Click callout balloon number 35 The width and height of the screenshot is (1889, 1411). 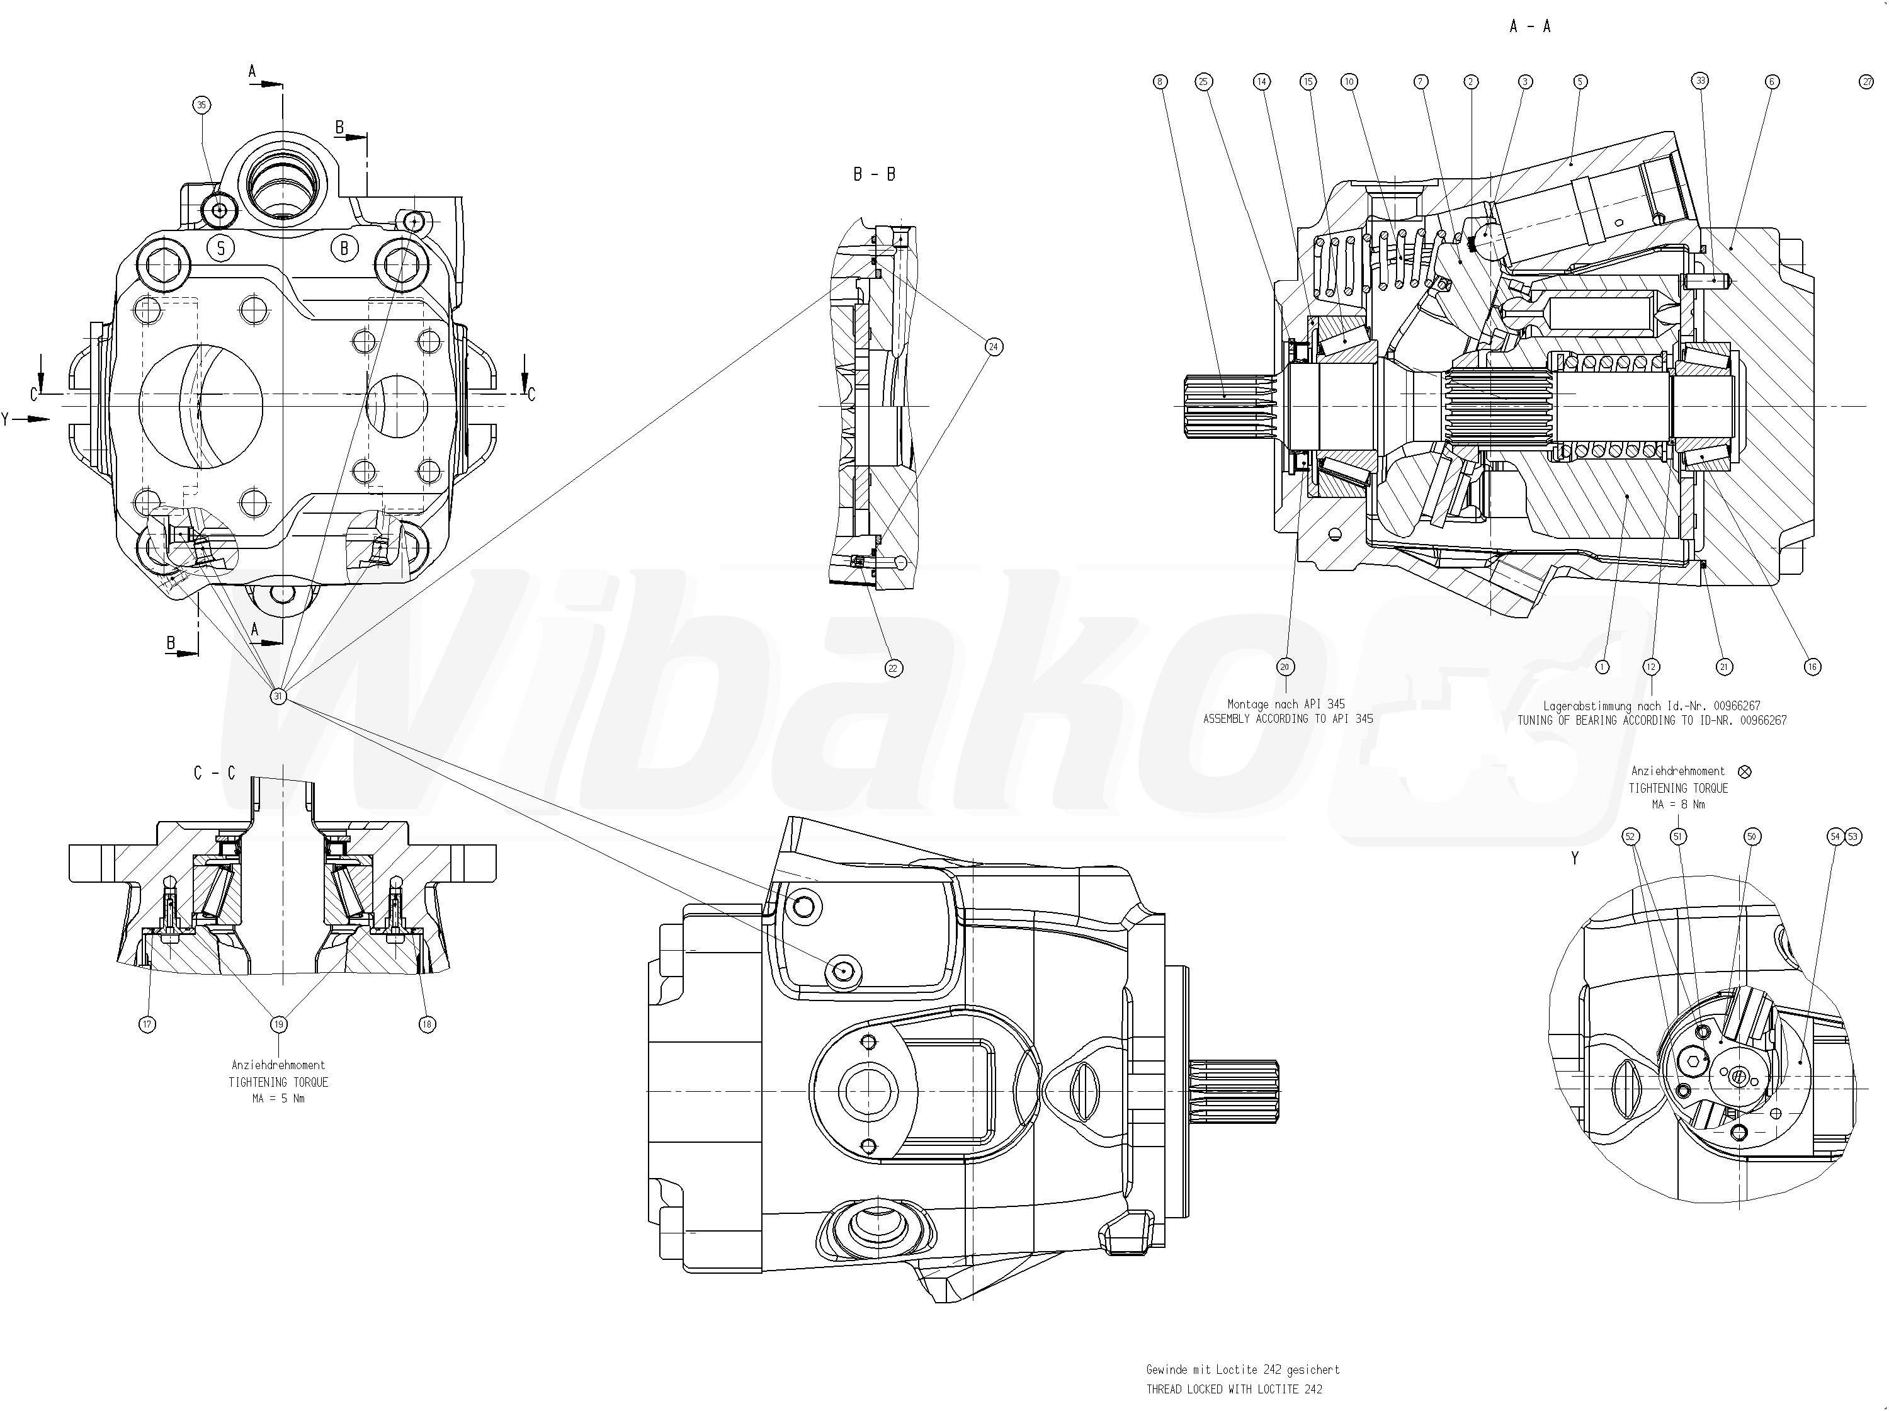[x=201, y=105]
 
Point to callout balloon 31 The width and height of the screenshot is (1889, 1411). [x=278, y=696]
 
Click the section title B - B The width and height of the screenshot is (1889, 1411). [x=875, y=174]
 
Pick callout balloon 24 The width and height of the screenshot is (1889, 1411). [x=993, y=347]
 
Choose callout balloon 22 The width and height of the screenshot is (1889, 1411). [x=893, y=668]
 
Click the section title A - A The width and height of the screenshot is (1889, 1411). [x=1529, y=26]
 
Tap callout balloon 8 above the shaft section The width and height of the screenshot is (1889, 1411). [x=1160, y=82]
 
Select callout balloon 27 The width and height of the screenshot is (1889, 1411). [x=1866, y=82]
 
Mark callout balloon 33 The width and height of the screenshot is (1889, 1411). [x=1700, y=81]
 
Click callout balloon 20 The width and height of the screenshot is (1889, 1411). [x=1285, y=666]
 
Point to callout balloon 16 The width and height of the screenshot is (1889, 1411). [x=1812, y=667]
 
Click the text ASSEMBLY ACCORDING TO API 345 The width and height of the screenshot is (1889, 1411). [x=1288, y=719]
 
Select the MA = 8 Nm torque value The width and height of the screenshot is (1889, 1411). [x=1678, y=805]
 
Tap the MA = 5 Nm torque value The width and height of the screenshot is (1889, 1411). [x=278, y=1099]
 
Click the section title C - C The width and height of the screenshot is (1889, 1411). [x=214, y=773]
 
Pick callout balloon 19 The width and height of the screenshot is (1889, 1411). [x=278, y=1024]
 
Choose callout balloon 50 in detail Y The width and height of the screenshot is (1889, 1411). [x=1752, y=837]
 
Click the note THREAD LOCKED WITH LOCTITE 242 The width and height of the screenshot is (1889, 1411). [x=1234, y=1390]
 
